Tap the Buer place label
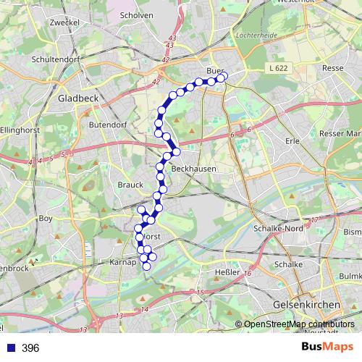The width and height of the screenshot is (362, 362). coord(215,71)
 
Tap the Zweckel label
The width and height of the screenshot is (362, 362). coord(64,23)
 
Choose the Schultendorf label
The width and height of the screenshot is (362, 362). coord(55,59)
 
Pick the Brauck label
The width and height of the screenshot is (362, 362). coord(130,185)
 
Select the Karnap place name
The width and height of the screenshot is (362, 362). coord(124,263)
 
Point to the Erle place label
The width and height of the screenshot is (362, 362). coord(293,141)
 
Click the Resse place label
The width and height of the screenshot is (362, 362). coord(332,67)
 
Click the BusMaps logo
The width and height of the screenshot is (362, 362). coord(327,348)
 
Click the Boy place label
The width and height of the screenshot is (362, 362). coord(46,218)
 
